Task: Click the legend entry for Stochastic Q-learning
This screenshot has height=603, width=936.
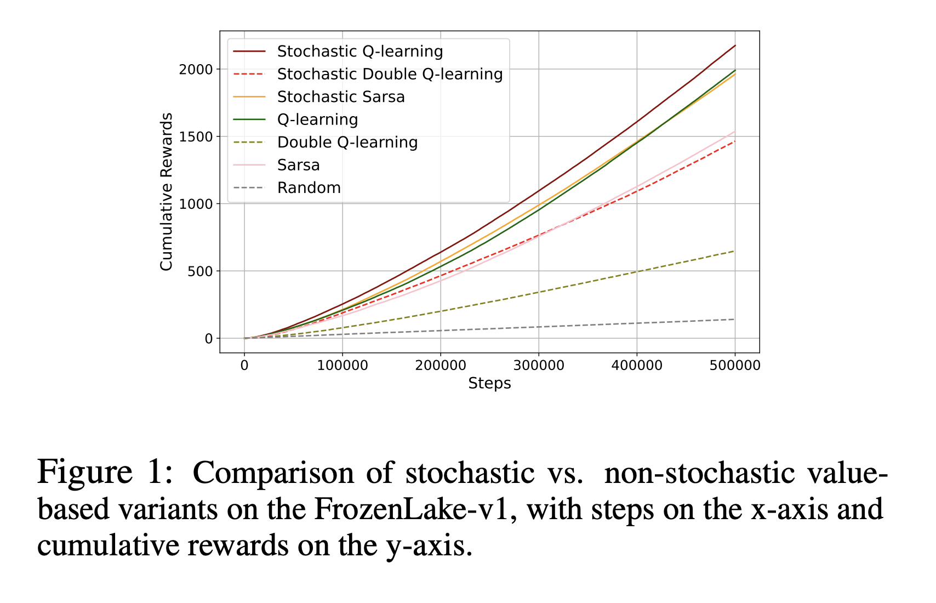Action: (359, 52)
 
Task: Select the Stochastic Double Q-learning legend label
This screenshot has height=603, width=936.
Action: (390, 74)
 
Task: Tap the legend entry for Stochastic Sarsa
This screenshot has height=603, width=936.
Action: (341, 97)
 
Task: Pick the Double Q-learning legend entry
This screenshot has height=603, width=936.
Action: (347, 143)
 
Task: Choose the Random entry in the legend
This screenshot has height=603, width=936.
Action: (309, 188)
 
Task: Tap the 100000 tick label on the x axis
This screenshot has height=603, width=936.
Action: (343, 365)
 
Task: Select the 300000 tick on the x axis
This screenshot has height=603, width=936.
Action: (539, 365)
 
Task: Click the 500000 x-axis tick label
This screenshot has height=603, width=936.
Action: (735, 365)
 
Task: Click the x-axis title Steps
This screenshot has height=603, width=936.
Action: (489, 384)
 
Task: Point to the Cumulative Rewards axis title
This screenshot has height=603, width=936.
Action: (167, 191)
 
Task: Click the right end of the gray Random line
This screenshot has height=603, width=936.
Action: (734, 319)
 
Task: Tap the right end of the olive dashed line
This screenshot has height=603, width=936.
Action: (734, 251)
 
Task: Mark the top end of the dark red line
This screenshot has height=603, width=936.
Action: (735, 45)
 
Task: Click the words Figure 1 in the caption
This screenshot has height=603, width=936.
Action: (104, 473)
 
